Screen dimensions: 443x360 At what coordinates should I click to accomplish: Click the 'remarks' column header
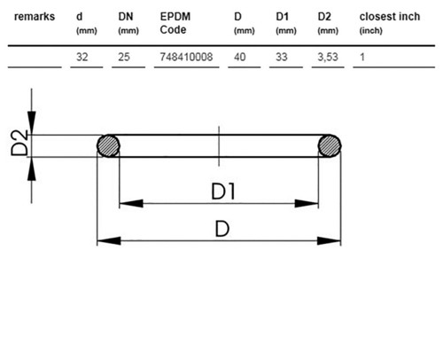pos(35,17)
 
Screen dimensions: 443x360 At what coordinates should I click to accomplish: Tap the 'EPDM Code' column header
pos(175,23)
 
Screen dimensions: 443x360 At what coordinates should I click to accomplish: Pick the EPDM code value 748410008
pos(186,57)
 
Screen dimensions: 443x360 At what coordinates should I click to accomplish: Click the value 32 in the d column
pos(82,57)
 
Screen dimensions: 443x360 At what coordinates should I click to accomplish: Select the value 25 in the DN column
pos(124,57)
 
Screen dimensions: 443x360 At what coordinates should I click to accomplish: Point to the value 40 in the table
pos(240,57)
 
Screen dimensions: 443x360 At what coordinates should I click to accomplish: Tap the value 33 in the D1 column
pos(282,57)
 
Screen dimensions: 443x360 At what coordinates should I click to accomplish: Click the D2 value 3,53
pos(328,57)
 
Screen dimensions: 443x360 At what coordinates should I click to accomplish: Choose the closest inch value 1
pos(362,57)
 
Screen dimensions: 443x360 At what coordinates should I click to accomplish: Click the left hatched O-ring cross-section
pos(108,145)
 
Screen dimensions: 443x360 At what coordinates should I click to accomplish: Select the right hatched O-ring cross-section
pos(330,145)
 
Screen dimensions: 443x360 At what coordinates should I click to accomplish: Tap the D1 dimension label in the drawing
pos(223,192)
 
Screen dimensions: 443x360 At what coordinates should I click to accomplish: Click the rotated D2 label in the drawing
pos(19,144)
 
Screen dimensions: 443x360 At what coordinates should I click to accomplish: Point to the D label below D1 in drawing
pos(222,229)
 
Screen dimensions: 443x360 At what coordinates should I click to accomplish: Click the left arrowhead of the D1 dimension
pos(131,203)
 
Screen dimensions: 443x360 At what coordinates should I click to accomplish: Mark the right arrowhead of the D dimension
pos(329,241)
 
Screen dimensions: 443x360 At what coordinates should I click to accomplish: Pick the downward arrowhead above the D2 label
pos(32,123)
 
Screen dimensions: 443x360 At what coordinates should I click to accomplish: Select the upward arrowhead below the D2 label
pos(32,169)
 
